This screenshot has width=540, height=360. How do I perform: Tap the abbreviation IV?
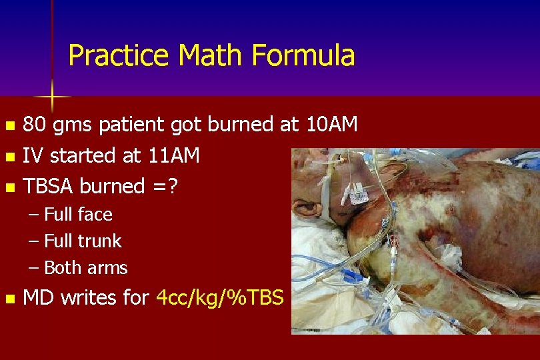point(33,156)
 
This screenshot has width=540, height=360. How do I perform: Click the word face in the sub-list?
point(95,215)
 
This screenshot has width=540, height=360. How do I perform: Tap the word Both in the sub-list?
point(62,268)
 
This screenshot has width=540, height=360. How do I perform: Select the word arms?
point(107,268)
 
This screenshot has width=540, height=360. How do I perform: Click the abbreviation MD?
point(38,297)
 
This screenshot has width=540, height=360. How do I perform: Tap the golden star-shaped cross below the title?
point(52,98)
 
